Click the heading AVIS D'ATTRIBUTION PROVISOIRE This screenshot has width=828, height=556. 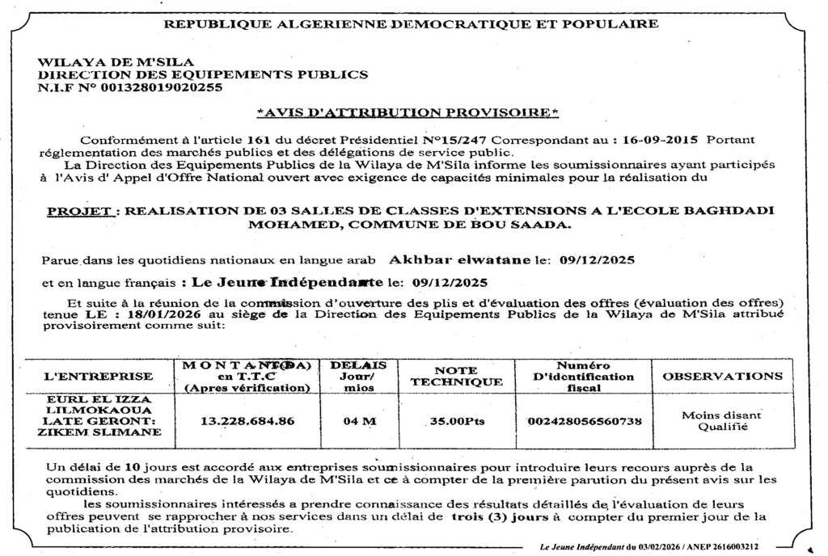click(408, 112)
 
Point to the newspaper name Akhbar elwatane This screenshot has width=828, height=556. click(458, 260)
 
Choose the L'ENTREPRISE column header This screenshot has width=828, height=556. click(98, 376)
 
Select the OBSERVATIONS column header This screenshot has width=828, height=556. click(723, 376)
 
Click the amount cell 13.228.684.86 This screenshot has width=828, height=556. click(247, 420)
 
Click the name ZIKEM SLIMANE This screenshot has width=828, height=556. click(99, 432)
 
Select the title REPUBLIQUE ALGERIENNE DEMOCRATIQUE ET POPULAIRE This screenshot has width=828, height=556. click(411, 23)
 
